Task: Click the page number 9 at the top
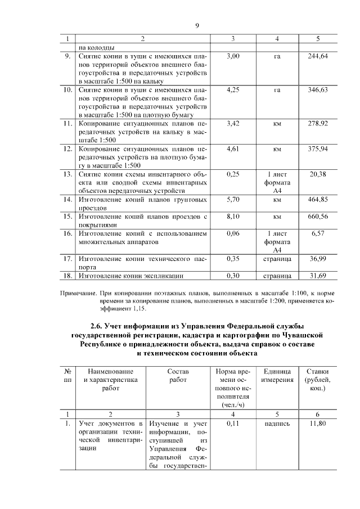[197, 25]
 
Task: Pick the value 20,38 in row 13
[318, 174]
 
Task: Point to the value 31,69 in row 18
[318, 276]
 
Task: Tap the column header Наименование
[107, 372]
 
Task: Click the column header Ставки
[318, 372]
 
